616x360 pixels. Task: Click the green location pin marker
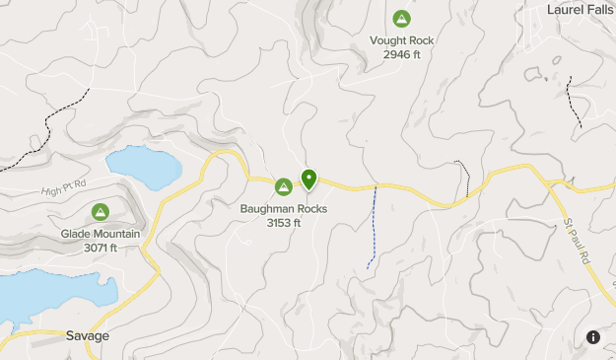tap(308, 179)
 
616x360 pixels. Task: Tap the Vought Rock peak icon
tap(401, 19)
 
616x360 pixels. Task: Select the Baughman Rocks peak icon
tap(284, 185)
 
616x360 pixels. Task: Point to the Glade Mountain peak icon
tap(100, 211)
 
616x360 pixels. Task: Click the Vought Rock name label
tap(401, 40)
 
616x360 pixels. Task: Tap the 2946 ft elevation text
tap(401, 54)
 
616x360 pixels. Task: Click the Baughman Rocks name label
tap(284, 208)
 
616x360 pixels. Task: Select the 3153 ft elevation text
tap(284, 222)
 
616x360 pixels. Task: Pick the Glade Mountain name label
tap(101, 234)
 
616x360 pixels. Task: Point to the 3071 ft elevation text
tap(101, 248)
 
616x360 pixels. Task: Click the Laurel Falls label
tap(581, 9)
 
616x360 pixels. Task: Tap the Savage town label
tap(89, 335)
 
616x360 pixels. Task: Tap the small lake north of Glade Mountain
tap(143, 167)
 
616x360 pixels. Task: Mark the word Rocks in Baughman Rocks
tap(308, 208)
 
